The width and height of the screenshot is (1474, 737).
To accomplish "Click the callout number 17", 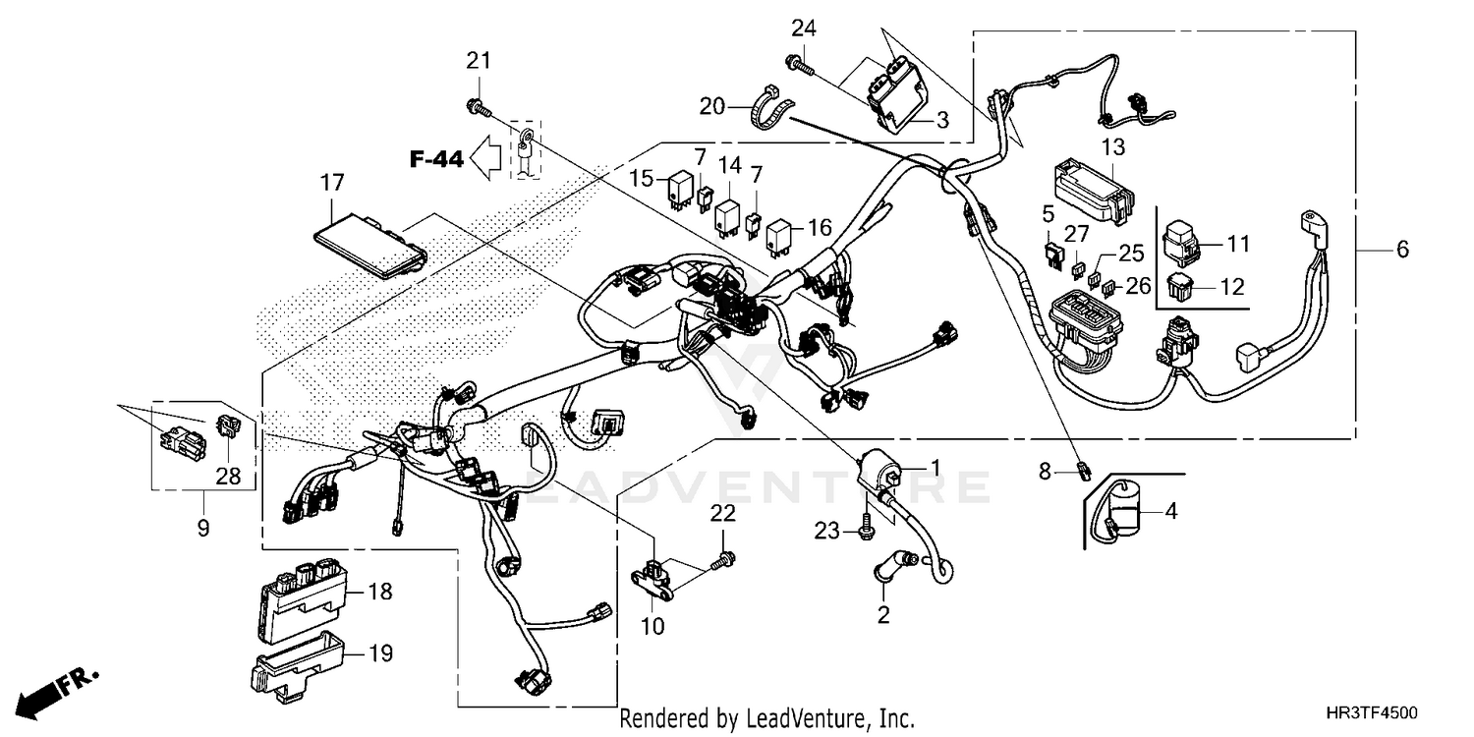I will (x=332, y=183).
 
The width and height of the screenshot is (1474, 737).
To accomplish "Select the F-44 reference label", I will (x=435, y=159).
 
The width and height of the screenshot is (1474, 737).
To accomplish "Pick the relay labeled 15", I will (x=677, y=192).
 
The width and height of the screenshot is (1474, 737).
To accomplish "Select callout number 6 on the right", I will (x=1402, y=250).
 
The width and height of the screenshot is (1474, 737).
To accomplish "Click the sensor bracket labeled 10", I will (x=654, y=577).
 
